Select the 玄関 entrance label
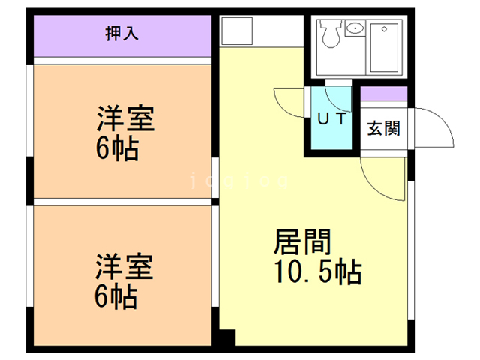coord(383,128)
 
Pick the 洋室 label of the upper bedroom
coord(125,120)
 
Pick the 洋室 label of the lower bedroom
coord(124,266)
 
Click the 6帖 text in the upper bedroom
coord(116,149)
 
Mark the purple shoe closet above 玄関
coord(384,94)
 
